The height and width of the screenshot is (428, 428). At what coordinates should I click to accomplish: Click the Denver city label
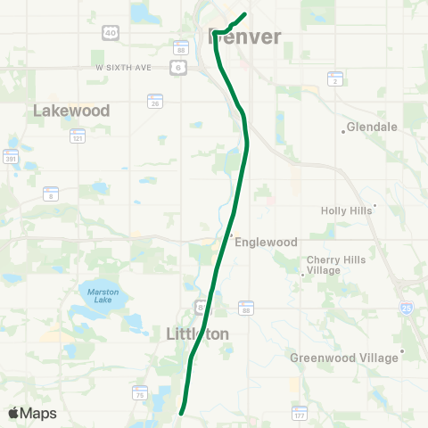tap(244, 37)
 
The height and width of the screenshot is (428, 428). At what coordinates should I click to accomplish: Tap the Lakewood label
tap(71, 111)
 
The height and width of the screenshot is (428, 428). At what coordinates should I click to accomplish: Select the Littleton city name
tap(198, 333)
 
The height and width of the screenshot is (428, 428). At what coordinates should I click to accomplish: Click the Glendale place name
tap(372, 128)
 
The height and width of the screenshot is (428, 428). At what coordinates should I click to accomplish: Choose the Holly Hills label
tap(349, 210)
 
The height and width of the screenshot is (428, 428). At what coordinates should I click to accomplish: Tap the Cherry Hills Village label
tap(336, 265)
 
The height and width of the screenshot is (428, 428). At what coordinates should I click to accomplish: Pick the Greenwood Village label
tap(344, 358)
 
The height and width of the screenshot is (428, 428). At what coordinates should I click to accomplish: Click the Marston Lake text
tap(103, 296)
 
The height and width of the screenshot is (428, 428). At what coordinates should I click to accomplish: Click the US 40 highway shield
tap(111, 33)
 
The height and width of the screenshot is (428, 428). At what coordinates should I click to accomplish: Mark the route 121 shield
tap(78, 136)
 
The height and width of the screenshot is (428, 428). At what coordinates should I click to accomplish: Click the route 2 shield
tap(335, 78)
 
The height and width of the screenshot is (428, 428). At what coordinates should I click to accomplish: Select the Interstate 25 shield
tap(407, 308)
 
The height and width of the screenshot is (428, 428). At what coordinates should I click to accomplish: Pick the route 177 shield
tap(300, 413)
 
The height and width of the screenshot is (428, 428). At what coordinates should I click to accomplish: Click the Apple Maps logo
tap(32, 413)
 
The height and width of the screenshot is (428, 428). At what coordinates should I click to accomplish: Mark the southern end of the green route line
tap(182, 413)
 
